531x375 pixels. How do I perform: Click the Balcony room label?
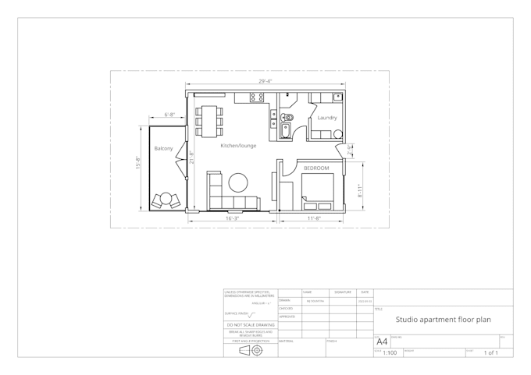[163, 148]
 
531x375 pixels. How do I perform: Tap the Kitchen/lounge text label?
[238, 146]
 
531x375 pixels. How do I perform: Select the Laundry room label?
[326, 119]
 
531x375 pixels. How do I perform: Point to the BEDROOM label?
[316, 168]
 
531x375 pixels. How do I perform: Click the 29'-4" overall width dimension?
[265, 81]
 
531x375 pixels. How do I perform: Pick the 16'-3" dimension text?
[233, 218]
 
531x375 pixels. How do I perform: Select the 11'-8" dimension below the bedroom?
[314, 218]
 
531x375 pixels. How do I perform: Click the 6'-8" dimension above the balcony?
[170, 115]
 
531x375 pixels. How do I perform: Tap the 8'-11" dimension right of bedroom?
[361, 189]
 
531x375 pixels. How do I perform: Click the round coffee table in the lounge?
[237, 182]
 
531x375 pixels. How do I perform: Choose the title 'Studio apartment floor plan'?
[443, 319]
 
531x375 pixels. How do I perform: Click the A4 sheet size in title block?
[382, 341]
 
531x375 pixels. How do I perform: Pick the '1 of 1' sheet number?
[491, 353]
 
